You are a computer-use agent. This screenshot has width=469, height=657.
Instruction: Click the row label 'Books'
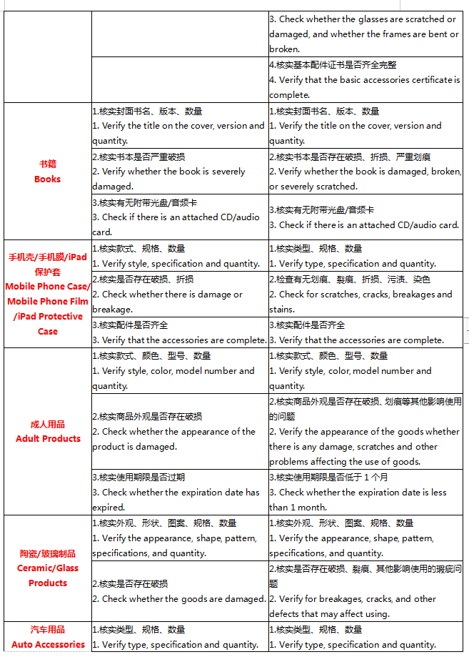click(x=47, y=179)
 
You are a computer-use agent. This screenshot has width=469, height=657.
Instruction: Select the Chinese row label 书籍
click(x=47, y=164)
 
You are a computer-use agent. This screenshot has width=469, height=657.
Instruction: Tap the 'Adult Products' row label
click(x=48, y=438)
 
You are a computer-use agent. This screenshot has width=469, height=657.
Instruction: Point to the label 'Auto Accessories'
click(x=48, y=644)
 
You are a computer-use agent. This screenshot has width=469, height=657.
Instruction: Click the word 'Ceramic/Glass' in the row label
click(x=48, y=568)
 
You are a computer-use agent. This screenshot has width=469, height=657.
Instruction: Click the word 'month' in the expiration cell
click(x=313, y=507)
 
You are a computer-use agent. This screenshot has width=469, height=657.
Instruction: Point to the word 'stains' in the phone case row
click(x=282, y=310)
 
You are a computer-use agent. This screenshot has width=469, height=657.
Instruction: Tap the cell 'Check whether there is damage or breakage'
click(x=168, y=302)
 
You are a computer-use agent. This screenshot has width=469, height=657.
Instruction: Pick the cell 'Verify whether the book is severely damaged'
click(x=168, y=179)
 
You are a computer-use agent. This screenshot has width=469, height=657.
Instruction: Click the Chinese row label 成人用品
click(x=47, y=424)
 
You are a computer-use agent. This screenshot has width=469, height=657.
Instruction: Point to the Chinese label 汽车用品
click(x=47, y=629)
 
